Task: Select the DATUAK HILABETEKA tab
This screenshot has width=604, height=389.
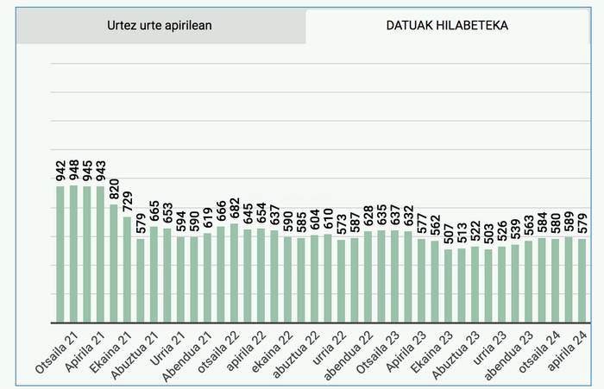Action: (446, 25)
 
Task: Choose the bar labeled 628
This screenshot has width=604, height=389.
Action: (368, 276)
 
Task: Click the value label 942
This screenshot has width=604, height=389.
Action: (60, 171)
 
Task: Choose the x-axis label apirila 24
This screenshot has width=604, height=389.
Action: (569, 353)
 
